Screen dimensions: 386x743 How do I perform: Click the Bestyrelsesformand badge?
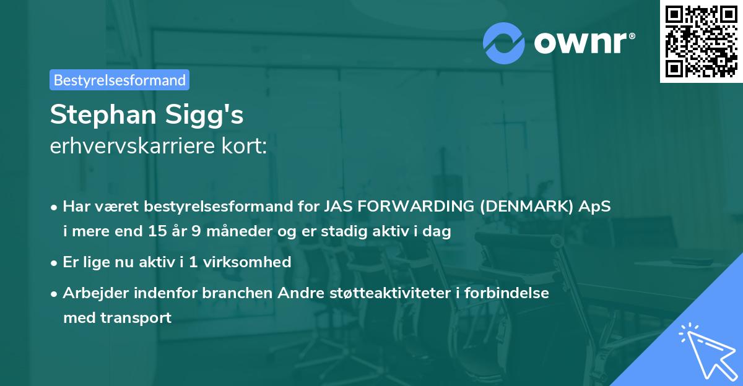pyautogui.click(x=119, y=80)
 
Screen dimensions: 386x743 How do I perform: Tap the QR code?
pyautogui.click(x=701, y=41)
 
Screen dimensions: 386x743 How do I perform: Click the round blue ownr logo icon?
pyautogui.click(x=504, y=43)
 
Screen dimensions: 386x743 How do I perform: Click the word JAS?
pyautogui.click(x=336, y=207)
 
